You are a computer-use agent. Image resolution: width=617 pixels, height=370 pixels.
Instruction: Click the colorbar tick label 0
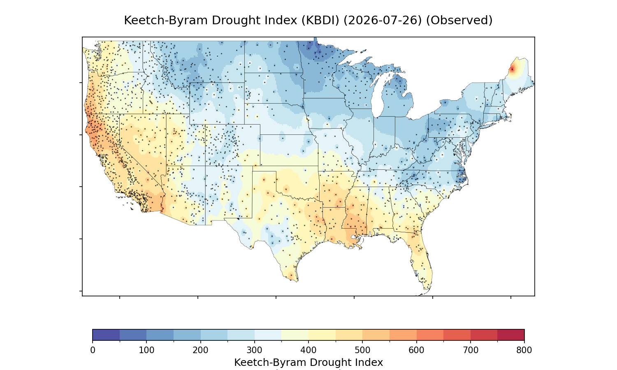click(x=93, y=350)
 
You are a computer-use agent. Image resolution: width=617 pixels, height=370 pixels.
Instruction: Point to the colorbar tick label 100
click(x=146, y=350)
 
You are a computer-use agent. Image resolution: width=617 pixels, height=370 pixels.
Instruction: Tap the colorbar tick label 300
click(x=254, y=350)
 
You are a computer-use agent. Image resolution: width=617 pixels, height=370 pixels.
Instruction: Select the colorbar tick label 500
click(x=362, y=350)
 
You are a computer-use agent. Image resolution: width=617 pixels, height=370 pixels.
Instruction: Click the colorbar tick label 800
click(x=524, y=350)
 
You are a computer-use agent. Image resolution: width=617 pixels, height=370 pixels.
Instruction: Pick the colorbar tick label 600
click(x=416, y=350)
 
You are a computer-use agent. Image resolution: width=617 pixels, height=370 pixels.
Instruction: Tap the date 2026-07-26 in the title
click(x=383, y=21)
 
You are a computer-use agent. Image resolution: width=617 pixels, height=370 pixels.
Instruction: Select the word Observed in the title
click(x=459, y=21)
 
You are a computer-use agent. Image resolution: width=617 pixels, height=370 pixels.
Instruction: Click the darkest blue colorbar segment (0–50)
click(x=106, y=335)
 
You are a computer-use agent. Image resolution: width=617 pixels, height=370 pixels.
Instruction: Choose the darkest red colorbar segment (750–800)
click(x=511, y=335)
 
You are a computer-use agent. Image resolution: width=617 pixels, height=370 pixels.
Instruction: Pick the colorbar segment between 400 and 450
click(x=322, y=335)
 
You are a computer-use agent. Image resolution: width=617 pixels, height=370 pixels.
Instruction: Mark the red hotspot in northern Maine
click(x=512, y=69)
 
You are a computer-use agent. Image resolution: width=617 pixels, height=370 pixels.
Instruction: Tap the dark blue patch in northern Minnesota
click(x=317, y=51)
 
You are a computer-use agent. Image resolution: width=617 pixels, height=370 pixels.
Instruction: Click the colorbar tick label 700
click(x=470, y=350)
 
